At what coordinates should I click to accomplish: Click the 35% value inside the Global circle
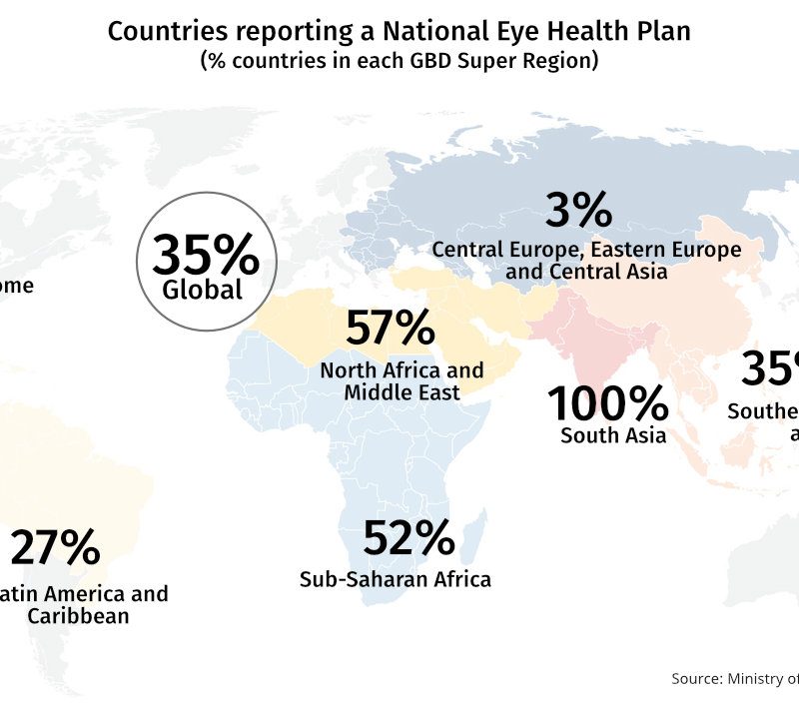(206, 257)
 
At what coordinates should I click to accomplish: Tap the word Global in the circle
(203, 291)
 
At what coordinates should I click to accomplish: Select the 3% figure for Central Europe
(578, 211)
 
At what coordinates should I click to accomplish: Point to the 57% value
(391, 328)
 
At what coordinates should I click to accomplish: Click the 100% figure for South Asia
(607, 403)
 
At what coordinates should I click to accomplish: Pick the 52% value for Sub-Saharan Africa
(408, 539)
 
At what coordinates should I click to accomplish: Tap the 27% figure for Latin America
(55, 548)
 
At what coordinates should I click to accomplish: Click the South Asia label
(613, 435)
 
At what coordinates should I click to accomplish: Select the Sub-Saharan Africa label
(396, 578)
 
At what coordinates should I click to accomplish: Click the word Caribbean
(78, 616)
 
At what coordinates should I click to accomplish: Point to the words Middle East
(401, 392)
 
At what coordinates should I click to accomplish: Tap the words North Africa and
(401, 370)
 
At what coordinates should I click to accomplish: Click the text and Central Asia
(586, 271)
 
